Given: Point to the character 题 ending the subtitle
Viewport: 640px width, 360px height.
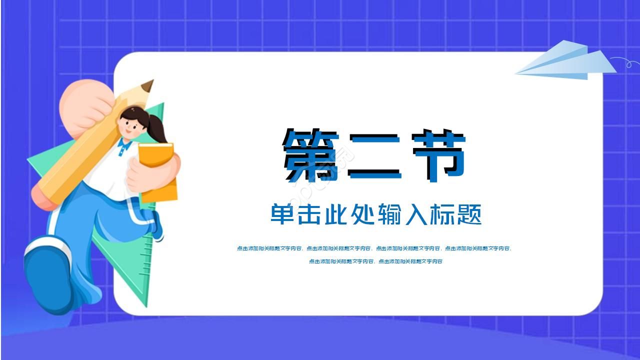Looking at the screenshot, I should pos(469,214).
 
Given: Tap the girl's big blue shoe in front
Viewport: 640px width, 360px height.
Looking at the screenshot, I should pos(48,275).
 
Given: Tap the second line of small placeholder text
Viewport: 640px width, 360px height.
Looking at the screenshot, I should pos(375,261).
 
